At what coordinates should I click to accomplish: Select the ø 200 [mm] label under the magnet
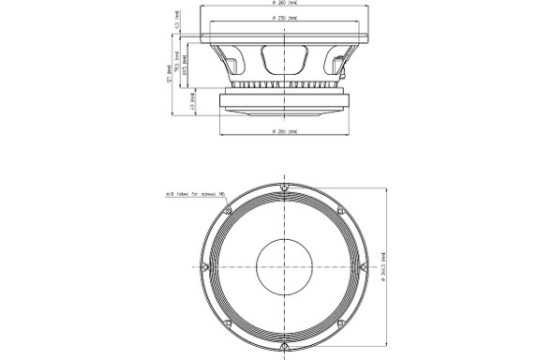pos(282,129)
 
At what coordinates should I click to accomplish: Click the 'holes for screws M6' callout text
pos(193,196)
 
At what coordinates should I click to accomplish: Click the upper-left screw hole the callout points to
pos(226,208)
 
